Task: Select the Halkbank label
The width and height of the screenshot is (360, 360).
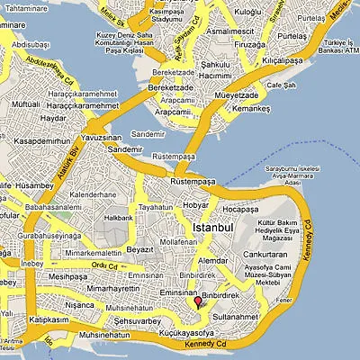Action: (118, 218)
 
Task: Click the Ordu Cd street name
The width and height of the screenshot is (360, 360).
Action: (105, 265)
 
